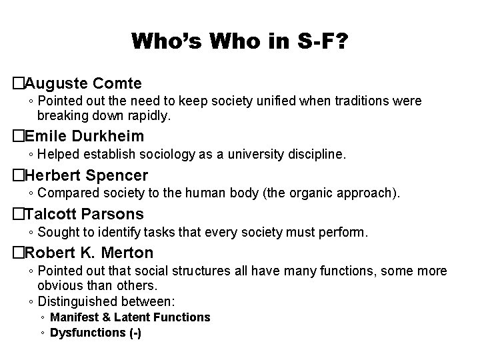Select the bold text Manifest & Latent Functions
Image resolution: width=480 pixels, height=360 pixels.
click(x=130, y=317)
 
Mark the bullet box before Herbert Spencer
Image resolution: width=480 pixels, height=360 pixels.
click(x=18, y=175)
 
